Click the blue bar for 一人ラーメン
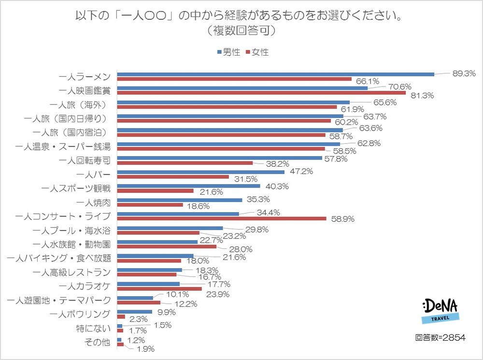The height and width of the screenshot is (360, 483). point(275,74)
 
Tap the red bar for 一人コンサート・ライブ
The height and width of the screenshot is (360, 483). point(222,218)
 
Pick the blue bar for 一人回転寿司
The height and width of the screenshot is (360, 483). point(219,158)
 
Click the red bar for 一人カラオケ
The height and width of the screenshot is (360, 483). point(159,288)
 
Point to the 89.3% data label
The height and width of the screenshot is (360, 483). point(464,73)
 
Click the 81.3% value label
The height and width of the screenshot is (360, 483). point(422,96)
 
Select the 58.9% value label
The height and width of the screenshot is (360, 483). point(342,219)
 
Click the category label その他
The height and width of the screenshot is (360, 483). point(97,342)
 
